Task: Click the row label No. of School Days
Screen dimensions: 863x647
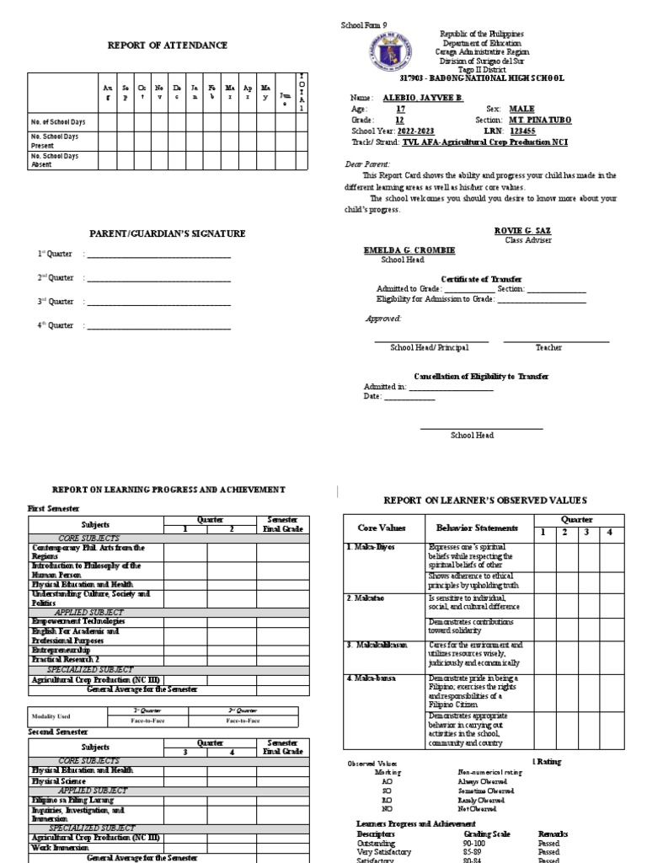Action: point(58,123)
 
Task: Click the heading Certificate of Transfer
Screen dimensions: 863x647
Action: point(481,279)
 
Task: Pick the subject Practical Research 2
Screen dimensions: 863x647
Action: point(67,660)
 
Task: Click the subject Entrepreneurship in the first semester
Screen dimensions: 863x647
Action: point(64,651)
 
